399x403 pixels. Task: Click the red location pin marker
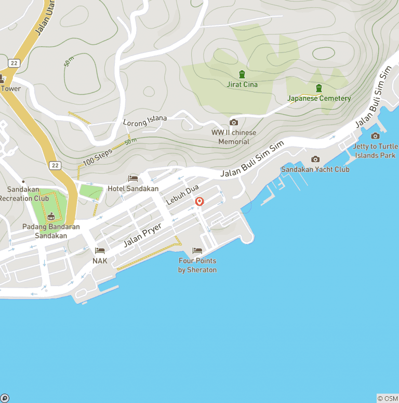pos(198,202)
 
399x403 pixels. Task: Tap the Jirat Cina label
pos(242,84)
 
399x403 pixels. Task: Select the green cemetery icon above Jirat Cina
pos(242,74)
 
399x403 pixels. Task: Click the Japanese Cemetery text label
pos(319,98)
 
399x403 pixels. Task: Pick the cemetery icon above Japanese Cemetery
pos(319,88)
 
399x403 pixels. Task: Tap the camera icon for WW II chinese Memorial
pos(234,123)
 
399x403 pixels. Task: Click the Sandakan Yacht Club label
pos(315,169)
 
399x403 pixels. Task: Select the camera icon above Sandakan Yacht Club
pos(315,159)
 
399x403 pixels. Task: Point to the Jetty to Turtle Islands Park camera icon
pos(375,136)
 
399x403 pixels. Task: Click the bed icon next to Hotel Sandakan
pos(133,179)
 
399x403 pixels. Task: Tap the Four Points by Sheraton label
pos(197,265)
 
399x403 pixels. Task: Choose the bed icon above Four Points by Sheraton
pos(197,251)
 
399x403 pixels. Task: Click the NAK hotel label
pos(100,261)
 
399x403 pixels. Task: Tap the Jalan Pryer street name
pos(142,235)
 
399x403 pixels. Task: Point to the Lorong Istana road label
pos(145,120)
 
